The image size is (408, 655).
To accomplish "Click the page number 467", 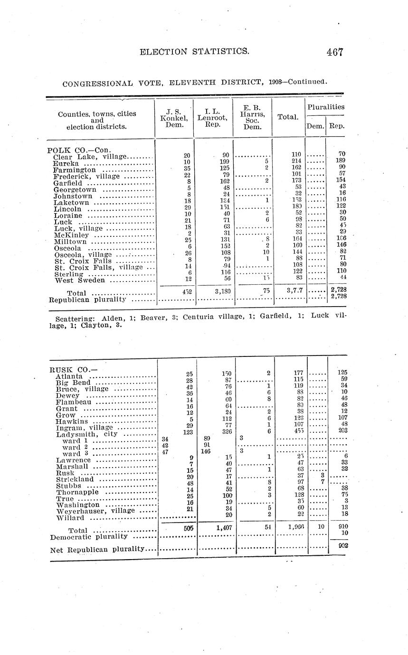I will pos(334,52).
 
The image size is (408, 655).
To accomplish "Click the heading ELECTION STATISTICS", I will pos(194,51).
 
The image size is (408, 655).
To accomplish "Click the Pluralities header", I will pos(325,107).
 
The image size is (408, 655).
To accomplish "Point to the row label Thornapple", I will pos(77,492).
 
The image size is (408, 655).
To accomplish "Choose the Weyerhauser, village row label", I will pos(93,511).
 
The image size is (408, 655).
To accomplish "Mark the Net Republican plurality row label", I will pos(97,549).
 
